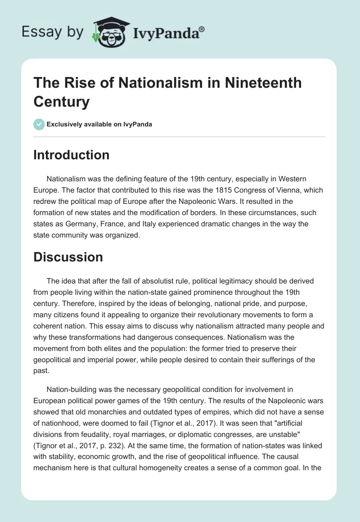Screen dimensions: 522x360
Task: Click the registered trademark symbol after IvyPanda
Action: click(x=202, y=28)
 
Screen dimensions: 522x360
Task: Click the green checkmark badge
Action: click(x=39, y=124)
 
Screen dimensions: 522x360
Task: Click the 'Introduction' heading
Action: click(x=72, y=155)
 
